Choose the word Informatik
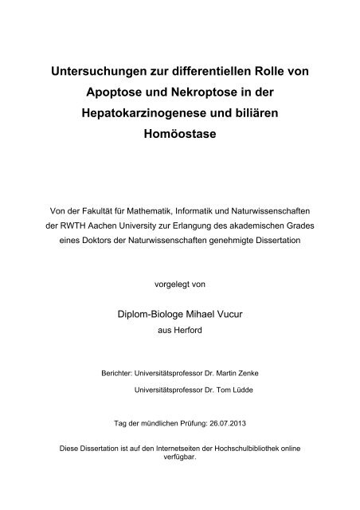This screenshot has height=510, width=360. pos(198,212)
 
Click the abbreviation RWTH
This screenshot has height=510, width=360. pos(68,226)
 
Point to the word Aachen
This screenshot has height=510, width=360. pos(100,226)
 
